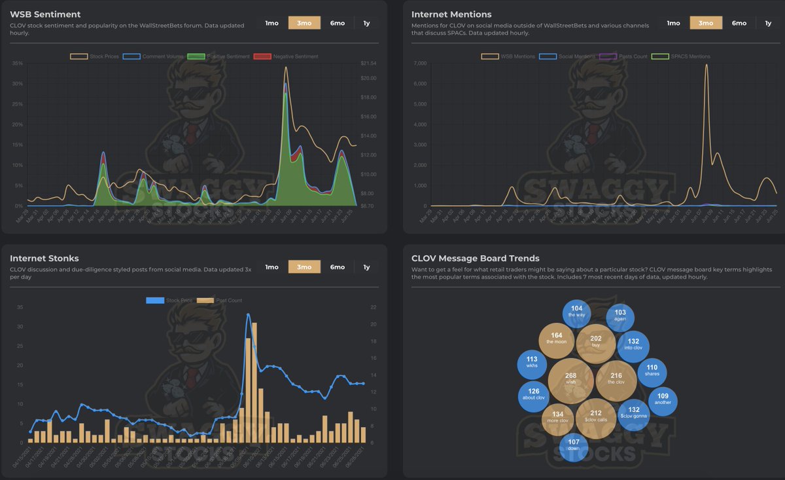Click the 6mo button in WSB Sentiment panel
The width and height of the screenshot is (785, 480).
pyautogui.click(x=338, y=23)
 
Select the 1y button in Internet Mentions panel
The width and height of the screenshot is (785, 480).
pyautogui.click(x=768, y=23)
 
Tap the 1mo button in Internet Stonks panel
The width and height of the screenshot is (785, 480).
pyautogui.click(x=271, y=267)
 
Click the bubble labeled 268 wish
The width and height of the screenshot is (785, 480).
pyautogui.click(x=570, y=380)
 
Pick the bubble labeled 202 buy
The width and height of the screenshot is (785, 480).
pyautogui.click(x=595, y=343)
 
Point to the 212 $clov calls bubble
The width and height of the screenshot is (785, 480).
pyautogui.click(x=595, y=417)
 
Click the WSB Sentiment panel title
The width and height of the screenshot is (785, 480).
pyautogui.click(x=45, y=14)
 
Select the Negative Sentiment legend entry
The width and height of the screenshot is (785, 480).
pyautogui.click(x=288, y=56)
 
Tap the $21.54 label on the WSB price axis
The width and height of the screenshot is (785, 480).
pyautogui.click(x=368, y=64)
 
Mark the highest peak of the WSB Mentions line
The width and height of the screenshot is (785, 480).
pyautogui.click(x=706, y=65)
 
